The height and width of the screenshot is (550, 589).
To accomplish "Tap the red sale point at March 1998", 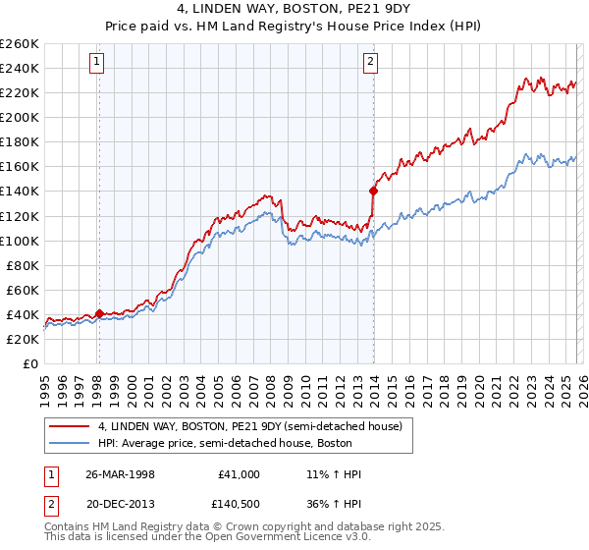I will (99, 313).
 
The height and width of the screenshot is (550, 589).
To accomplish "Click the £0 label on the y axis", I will (30, 363).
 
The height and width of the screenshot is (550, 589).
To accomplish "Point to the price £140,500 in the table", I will (240, 503).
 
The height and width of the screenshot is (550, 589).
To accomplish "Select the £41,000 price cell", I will (240, 474).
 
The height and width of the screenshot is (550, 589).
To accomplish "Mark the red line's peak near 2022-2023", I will (526, 78).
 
